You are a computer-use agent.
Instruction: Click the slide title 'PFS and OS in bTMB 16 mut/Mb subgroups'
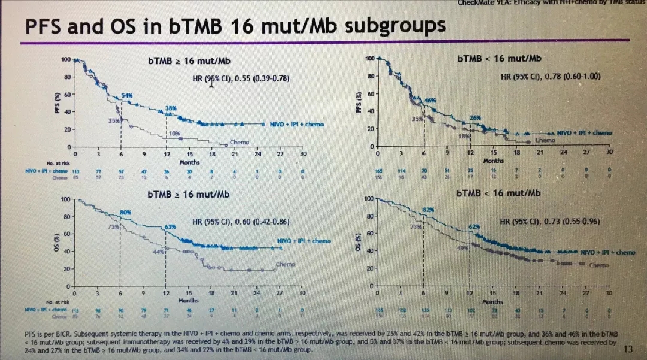click(x=233, y=26)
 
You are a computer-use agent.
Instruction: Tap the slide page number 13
click(x=628, y=349)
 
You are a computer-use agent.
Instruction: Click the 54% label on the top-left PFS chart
click(x=126, y=96)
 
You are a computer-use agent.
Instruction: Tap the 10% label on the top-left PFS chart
click(x=174, y=133)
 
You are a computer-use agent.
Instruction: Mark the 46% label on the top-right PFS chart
click(x=430, y=99)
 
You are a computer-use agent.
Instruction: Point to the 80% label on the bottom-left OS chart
click(x=125, y=213)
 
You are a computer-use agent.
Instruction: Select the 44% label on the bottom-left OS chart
click(x=159, y=252)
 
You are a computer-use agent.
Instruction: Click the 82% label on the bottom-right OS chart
click(x=428, y=210)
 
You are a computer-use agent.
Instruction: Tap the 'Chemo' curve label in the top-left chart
click(x=240, y=143)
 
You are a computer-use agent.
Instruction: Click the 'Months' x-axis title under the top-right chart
click(x=493, y=161)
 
